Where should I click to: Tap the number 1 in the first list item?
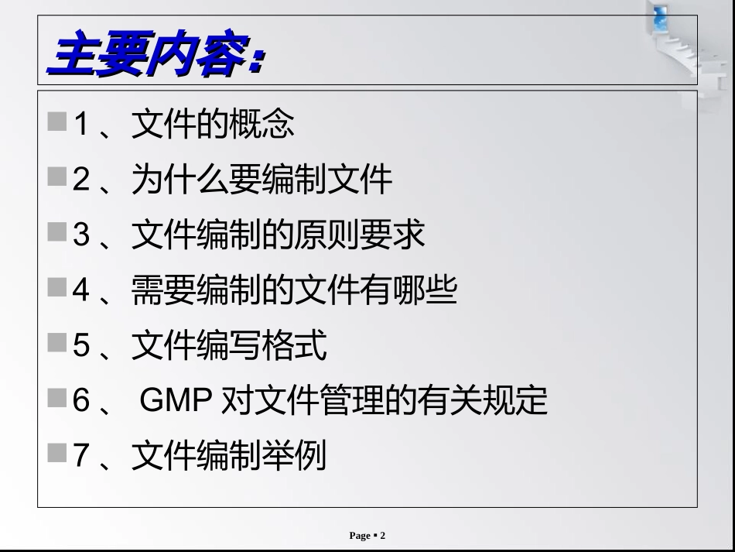click(83, 124)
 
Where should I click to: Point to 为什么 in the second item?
click(178, 180)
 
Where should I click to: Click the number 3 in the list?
click(83, 235)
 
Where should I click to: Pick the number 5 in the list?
click(83, 345)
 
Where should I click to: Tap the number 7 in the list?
click(83, 456)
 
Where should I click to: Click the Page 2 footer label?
click(367, 536)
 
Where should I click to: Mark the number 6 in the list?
click(83, 401)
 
